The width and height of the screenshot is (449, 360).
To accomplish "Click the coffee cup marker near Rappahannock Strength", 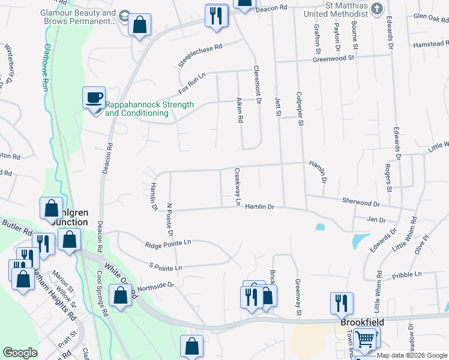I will (94, 98).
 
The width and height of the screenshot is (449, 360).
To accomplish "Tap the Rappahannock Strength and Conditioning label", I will (149, 109).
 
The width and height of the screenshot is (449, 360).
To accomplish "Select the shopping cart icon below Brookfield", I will (366, 338).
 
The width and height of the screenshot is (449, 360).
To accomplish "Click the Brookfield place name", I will (362, 322).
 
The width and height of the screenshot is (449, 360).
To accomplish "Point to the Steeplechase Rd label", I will (200, 55).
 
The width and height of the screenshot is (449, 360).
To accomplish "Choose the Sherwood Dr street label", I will (361, 204).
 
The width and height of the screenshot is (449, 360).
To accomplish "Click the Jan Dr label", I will (376, 220).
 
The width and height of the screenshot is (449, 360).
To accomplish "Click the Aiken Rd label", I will (240, 110).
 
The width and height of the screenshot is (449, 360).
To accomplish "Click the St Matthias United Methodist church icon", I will (376, 8).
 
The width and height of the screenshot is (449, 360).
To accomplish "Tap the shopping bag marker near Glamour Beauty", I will (139, 25).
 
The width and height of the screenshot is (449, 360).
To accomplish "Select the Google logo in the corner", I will (20, 353).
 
